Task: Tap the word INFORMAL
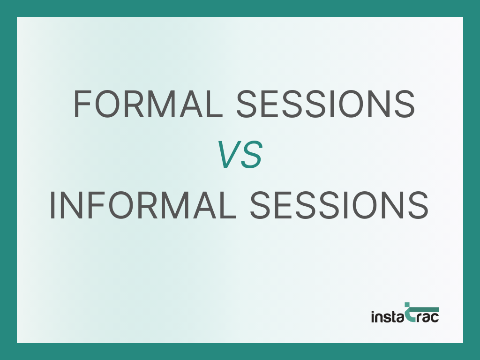point(142,205)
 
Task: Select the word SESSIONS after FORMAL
point(325,104)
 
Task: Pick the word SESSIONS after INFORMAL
point(338,205)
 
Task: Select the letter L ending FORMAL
point(214,104)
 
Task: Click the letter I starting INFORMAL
point(52,205)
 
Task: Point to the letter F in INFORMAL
point(94,205)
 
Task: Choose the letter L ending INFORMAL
point(228,205)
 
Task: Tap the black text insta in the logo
point(387,316)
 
